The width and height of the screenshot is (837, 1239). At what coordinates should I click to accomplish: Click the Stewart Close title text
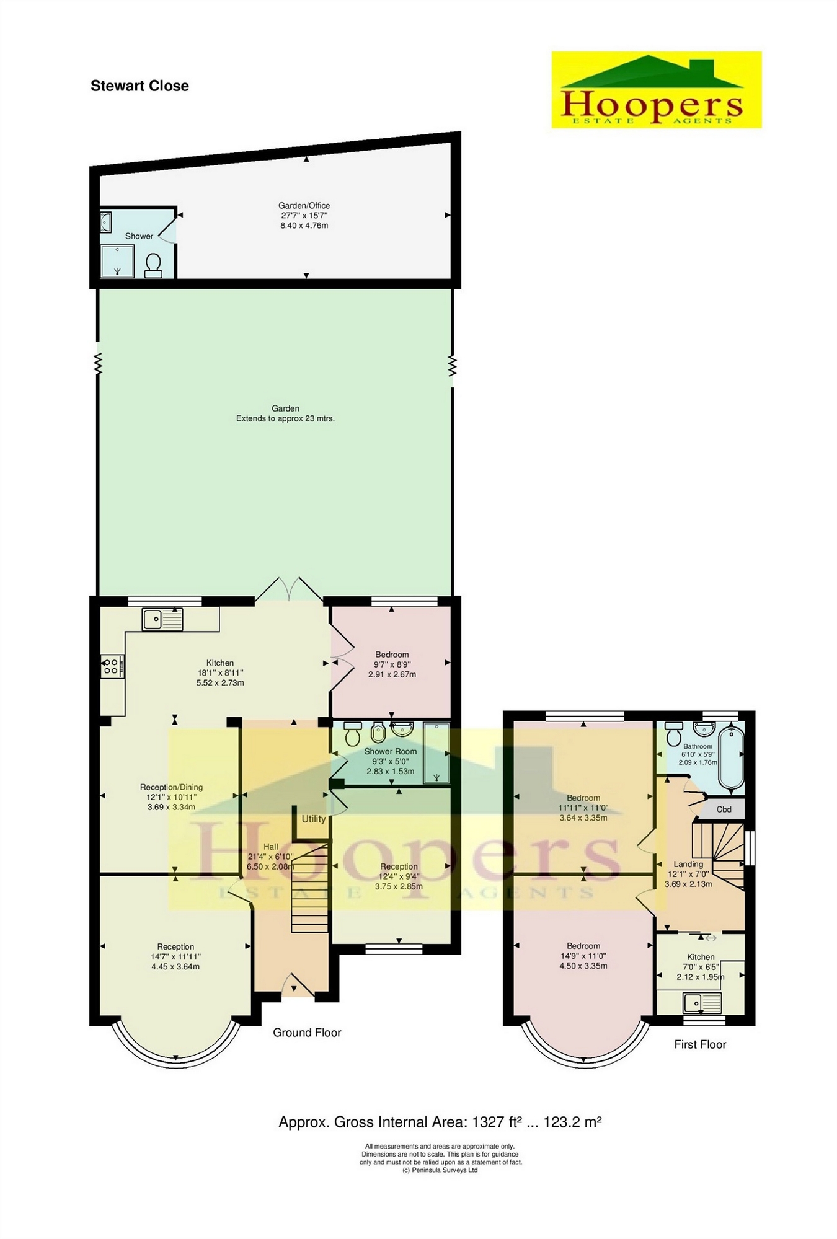tap(139, 86)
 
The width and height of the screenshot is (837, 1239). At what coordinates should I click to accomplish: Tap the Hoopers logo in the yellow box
tap(656, 90)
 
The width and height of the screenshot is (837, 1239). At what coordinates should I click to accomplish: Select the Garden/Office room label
tap(304, 205)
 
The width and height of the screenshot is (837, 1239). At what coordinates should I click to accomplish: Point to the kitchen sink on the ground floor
tap(162, 619)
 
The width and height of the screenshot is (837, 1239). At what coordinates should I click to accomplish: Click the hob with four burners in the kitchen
tap(112, 666)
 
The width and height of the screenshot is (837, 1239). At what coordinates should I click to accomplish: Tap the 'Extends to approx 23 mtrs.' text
tap(285, 418)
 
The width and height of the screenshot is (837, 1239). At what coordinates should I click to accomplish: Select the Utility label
tap(314, 819)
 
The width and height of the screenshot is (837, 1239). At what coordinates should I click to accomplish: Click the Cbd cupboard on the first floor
tap(724, 809)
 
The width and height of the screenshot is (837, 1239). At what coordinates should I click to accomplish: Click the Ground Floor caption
tap(307, 1033)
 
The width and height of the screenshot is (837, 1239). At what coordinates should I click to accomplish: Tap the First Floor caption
tap(700, 1044)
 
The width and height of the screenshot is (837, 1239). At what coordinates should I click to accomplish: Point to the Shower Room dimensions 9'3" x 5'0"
tap(391, 761)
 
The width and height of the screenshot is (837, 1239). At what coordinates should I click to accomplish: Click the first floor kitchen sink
tap(702, 1003)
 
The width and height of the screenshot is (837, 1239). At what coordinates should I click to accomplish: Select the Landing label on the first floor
tap(688, 864)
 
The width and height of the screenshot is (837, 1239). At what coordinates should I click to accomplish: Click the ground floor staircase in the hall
tap(309, 886)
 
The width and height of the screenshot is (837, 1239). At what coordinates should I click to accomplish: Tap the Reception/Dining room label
tap(171, 787)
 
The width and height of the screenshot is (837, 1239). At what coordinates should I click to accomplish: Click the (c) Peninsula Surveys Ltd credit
tap(440, 1170)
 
